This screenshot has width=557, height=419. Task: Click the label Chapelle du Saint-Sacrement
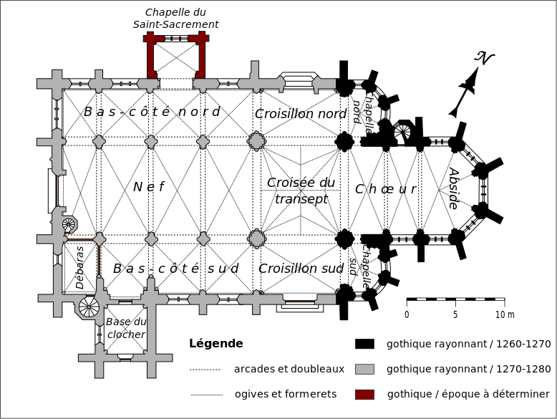[x=175, y=18]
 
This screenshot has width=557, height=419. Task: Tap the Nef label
[x=148, y=187]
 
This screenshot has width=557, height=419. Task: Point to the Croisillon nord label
[x=301, y=114]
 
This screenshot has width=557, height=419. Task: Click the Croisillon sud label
[x=301, y=269]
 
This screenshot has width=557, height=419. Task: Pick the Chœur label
[x=385, y=189]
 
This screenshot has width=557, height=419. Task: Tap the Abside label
[x=452, y=188]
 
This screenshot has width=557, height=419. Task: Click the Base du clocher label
[x=125, y=329]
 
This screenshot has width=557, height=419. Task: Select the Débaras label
[x=79, y=268]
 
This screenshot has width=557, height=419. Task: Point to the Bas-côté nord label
[x=152, y=112]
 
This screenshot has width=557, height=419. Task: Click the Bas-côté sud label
[x=175, y=269]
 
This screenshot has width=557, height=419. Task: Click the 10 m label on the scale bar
[x=505, y=314]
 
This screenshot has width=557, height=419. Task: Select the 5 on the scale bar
[x=455, y=314]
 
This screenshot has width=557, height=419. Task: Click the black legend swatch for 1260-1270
[x=364, y=344]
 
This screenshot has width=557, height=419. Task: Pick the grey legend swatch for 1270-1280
[x=364, y=369]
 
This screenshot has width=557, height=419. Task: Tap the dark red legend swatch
[x=364, y=394]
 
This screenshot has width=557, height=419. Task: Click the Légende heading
[x=216, y=344]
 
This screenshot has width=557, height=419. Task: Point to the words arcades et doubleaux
[x=289, y=369]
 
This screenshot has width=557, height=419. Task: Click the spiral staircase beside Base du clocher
[x=89, y=307]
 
